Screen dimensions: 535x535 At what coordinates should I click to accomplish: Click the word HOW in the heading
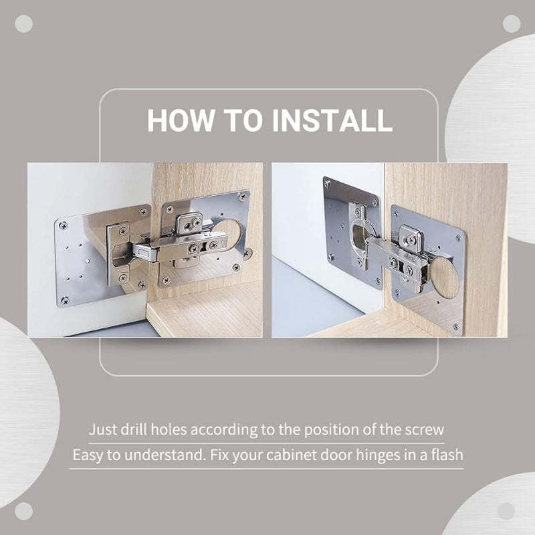click(175, 120)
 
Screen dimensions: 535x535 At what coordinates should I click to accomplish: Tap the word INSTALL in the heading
click(332, 120)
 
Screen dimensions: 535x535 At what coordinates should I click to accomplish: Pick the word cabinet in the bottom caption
click(295, 455)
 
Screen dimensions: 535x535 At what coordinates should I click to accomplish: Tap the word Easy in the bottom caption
click(87, 455)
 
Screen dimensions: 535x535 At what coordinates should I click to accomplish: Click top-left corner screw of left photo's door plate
click(63, 225)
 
